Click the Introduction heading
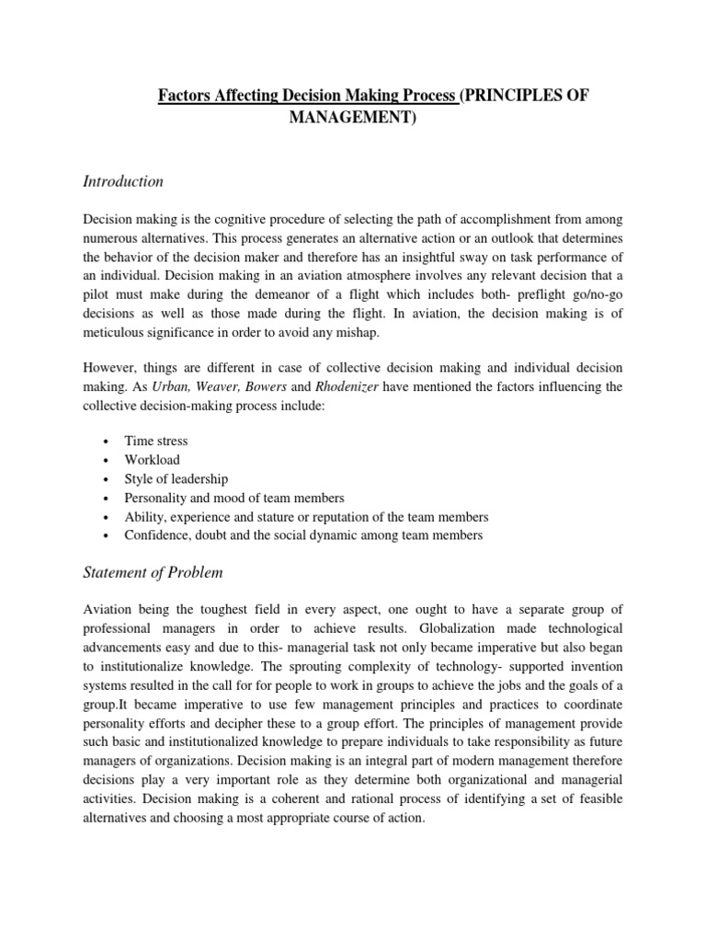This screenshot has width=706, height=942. tap(123, 181)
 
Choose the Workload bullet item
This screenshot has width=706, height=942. tap(153, 459)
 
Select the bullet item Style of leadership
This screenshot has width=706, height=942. tap(176, 478)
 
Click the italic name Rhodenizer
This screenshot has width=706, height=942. tap(347, 387)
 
